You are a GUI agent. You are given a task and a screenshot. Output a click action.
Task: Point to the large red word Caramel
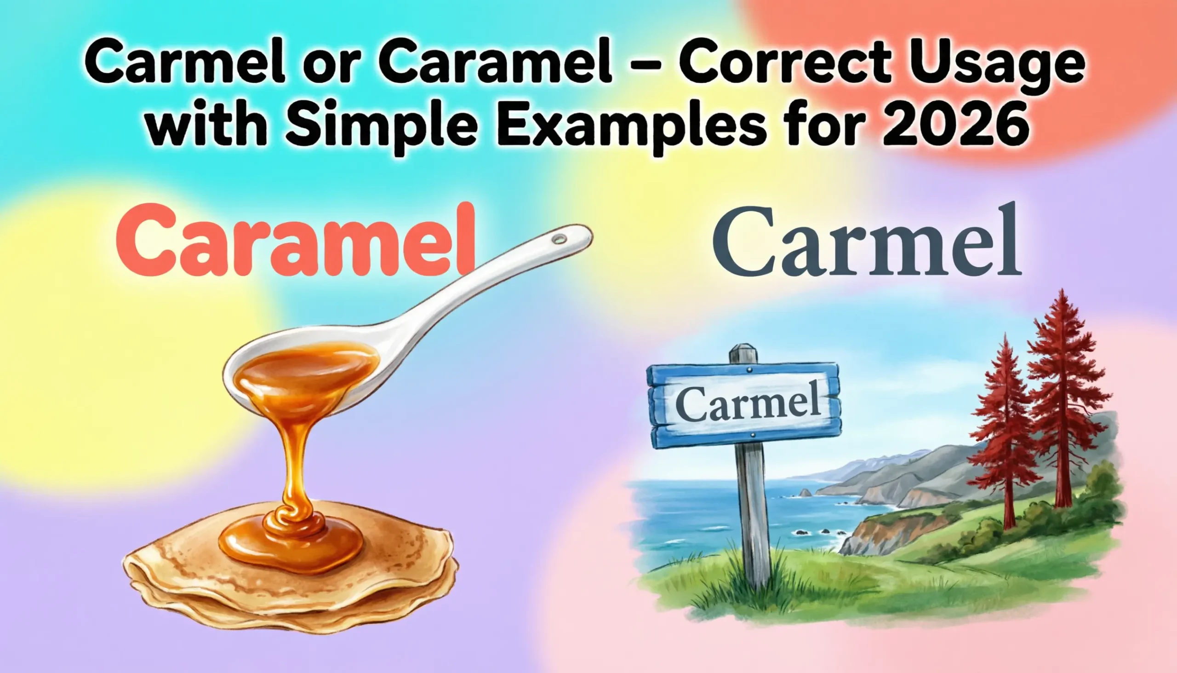coord(296,240)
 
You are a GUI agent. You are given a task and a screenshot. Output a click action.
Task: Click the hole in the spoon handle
coord(560,239)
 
